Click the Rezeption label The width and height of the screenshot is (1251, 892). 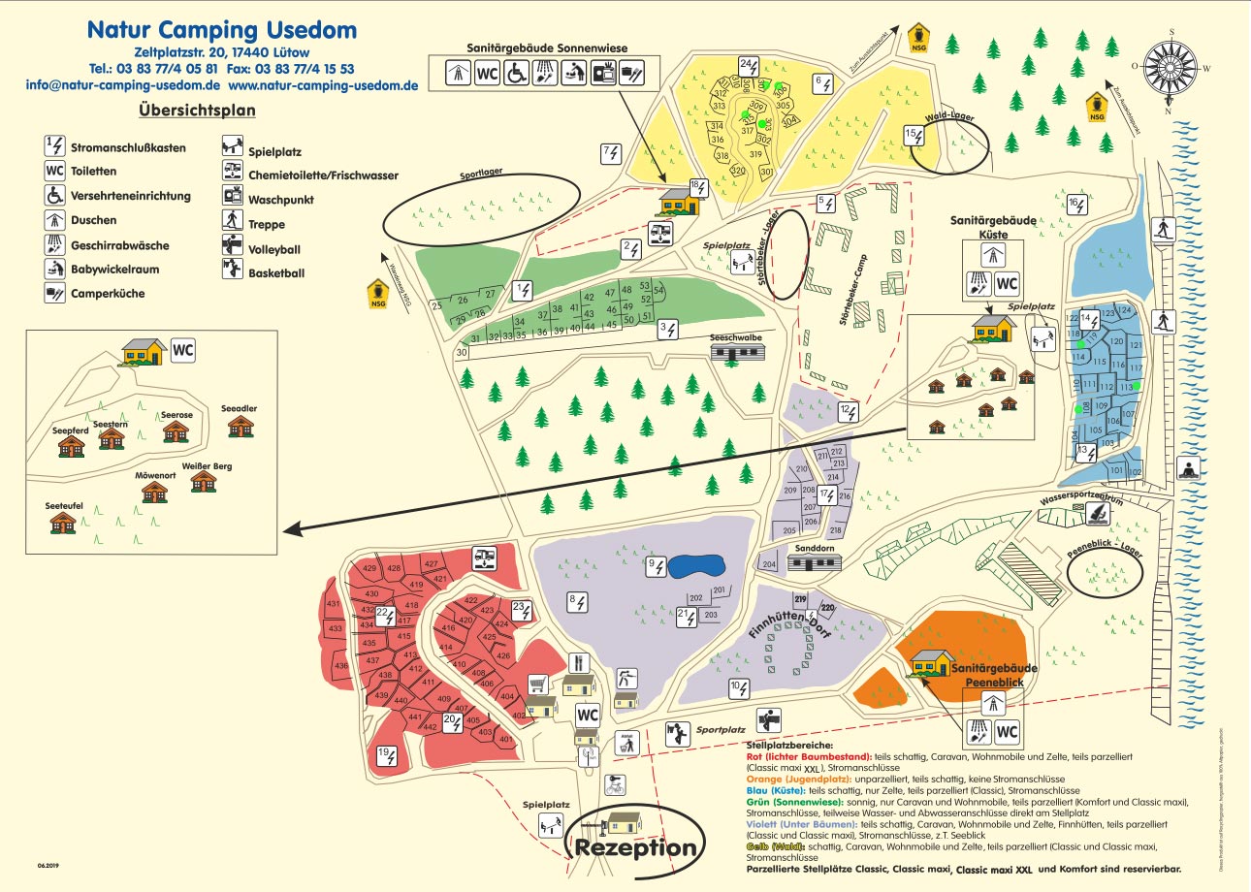coord(636,848)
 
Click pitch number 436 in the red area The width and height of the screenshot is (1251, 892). coord(340,667)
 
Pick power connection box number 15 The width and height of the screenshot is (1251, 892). coord(914,136)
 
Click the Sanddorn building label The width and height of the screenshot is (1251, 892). coord(813,549)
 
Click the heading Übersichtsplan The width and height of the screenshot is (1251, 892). coord(197,111)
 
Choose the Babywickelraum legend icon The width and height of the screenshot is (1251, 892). coord(55,269)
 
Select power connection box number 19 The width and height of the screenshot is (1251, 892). coord(387,755)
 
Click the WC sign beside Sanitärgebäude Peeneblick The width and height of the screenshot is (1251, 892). coord(1007,731)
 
